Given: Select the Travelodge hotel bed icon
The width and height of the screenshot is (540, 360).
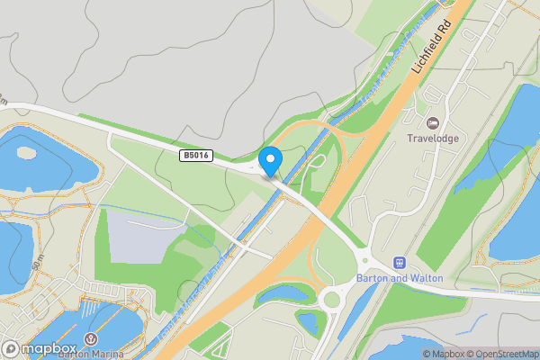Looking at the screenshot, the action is pyautogui.click(x=431, y=122).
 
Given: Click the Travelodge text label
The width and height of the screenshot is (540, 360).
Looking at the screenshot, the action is pyautogui.click(x=432, y=139).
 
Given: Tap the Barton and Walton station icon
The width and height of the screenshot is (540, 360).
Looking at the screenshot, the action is pyautogui.click(x=398, y=262).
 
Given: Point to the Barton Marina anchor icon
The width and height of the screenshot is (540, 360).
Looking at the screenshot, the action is pyautogui.click(x=91, y=339).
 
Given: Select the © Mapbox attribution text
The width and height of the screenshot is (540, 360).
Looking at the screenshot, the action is pyautogui.click(x=442, y=354).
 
